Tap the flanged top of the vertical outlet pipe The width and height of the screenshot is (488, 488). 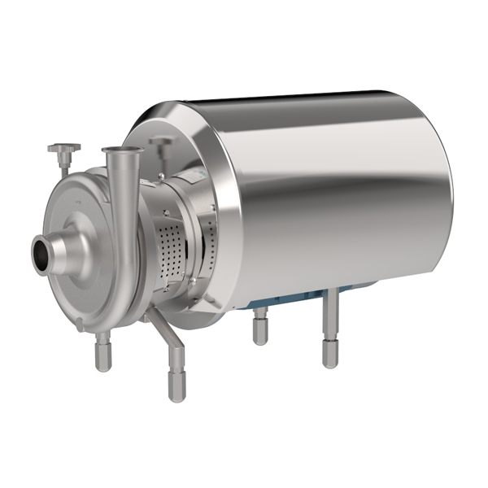point(122,150)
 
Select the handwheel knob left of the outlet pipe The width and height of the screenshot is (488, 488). point(63,148)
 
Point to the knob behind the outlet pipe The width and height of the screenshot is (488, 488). point(162,143)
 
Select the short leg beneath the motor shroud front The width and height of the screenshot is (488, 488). point(259,329)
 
